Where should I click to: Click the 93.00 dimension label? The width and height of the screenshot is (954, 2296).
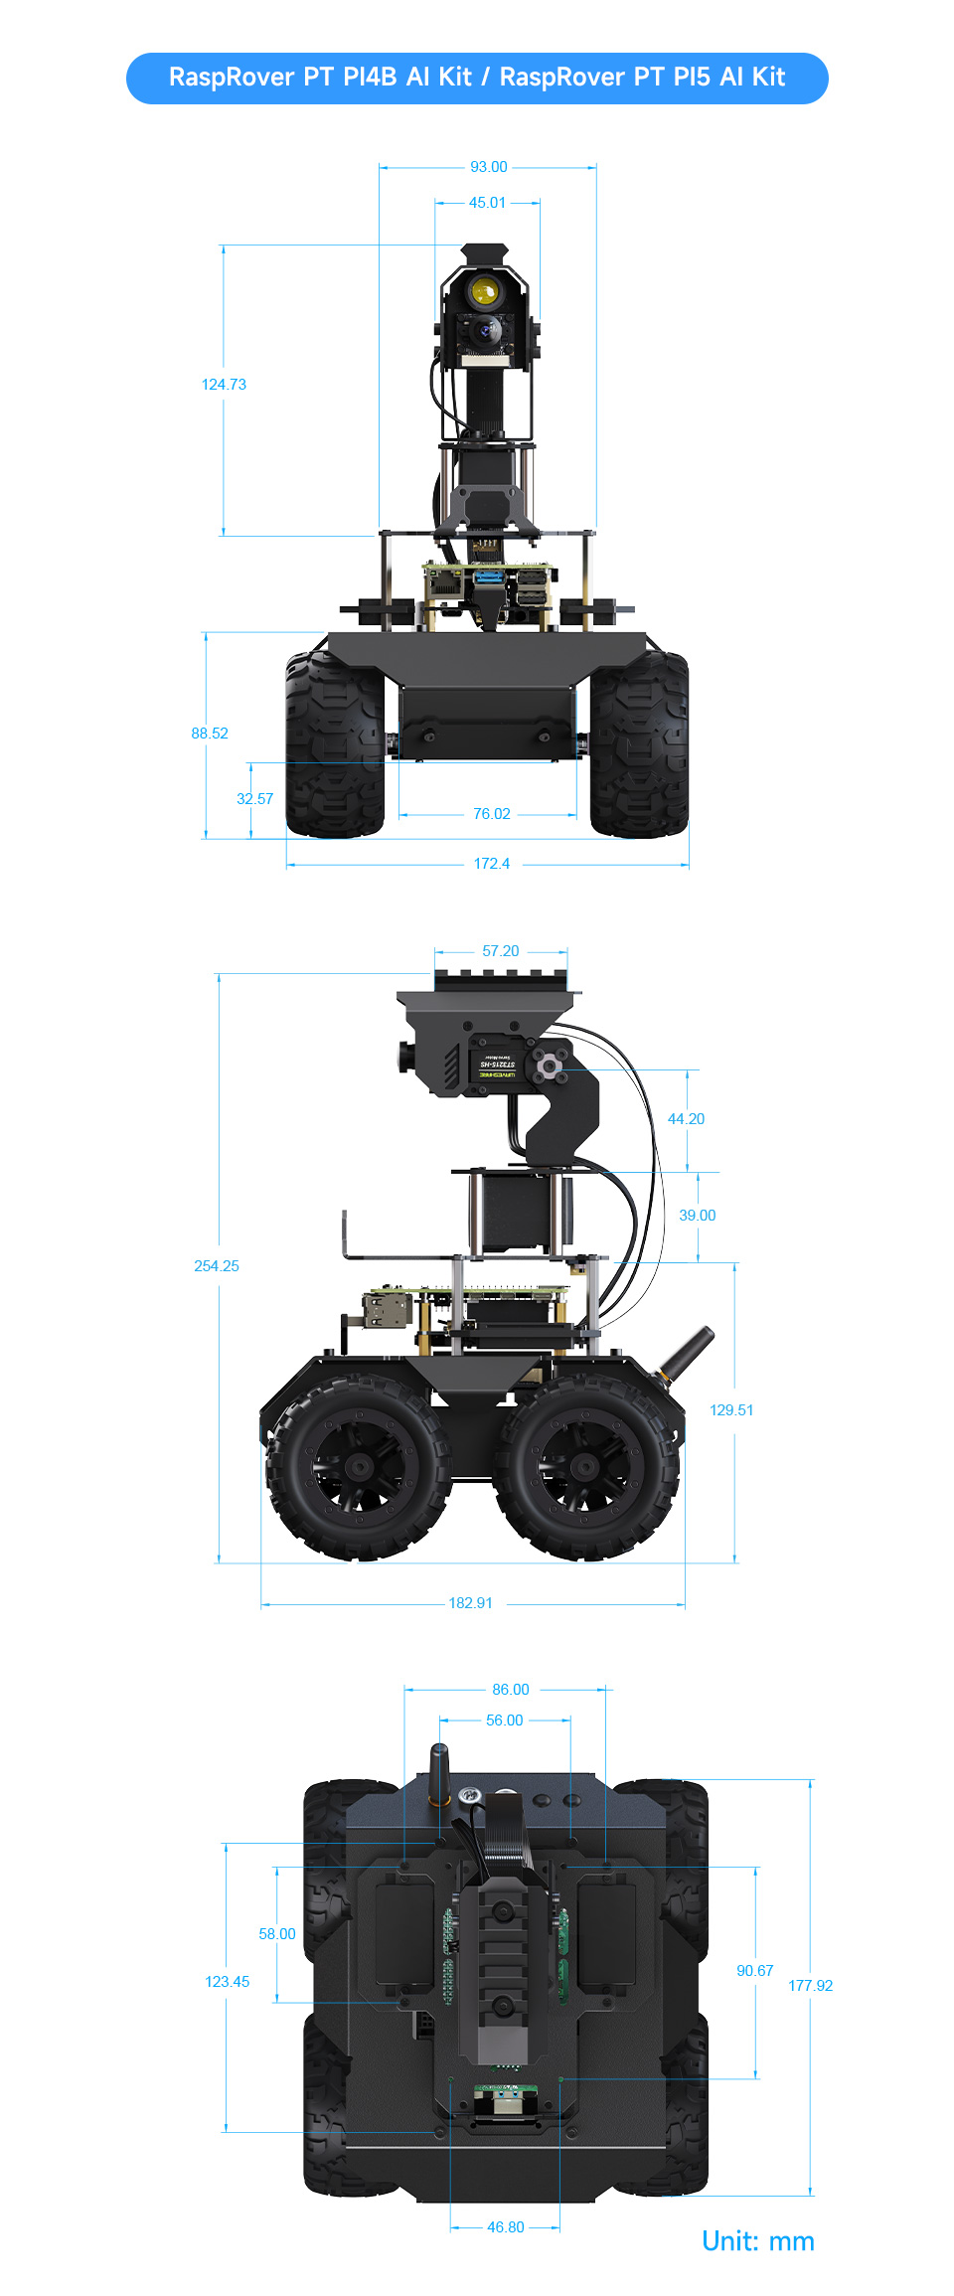pyautogui.click(x=488, y=167)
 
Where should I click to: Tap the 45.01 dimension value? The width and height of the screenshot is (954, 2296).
pyautogui.click(x=487, y=203)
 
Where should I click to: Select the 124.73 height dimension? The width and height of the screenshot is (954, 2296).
pyautogui.click(x=224, y=385)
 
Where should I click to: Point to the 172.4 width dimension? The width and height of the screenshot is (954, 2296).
pyautogui.click(x=491, y=864)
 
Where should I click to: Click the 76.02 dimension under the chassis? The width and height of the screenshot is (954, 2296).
pyautogui.click(x=491, y=814)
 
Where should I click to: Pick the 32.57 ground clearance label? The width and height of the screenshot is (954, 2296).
pyautogui.click(x=254, y=799)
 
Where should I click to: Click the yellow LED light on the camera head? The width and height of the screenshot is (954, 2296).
pyautogui.click(x=484, y=290)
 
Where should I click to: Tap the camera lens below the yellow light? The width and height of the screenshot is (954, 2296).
pyautogui.click(x=486, y=331)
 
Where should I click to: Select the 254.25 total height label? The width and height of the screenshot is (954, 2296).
pyautogui.click(x=217, y=1266)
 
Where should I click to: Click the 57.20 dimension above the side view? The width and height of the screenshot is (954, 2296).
pyautogui.click(x=500, y=951)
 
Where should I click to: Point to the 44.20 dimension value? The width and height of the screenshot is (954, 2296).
pyautogui.click(x=686, y=1119)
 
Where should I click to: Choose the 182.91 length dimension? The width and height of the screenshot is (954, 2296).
pyautogui.click(x=470, y=1603)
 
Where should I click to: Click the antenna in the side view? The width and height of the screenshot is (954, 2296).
pyautogui.click(x=688, y=1352)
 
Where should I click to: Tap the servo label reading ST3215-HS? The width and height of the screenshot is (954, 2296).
pyautogui.click(x=497, y=1065)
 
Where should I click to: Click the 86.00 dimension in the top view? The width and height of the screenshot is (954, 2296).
pyautogui.click(x=510, y=1690)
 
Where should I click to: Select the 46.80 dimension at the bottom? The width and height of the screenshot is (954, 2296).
pyautogui.click(x=505, y=2227)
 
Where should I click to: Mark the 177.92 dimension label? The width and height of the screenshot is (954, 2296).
pyautogui.click(x=810, y=1986)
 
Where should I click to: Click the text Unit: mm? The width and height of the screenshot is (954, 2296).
pyautogui.click(x=757, y=2241)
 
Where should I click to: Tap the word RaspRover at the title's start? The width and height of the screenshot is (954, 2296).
pyautogui.click(x=231, y=78)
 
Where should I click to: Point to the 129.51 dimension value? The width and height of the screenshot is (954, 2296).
pyautogui.click(x=731, y=1410)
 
